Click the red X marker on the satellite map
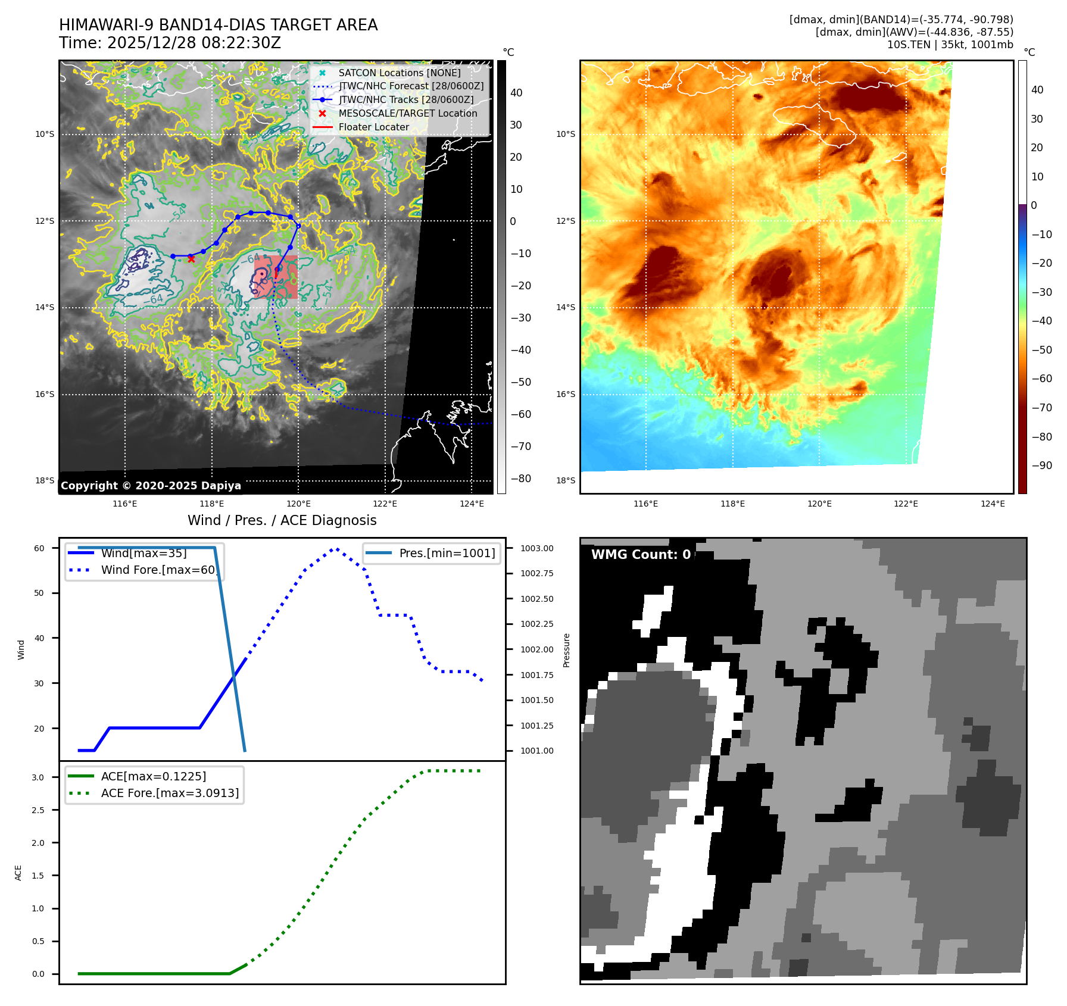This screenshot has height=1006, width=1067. pyautogui.click(x=191, y=259)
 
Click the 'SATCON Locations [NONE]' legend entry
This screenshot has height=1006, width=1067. pyautogui.click(x=399, y=73)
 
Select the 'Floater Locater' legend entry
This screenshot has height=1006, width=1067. pyautogui.click(x=373, y=127)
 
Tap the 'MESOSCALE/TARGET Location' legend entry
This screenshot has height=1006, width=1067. pyautogui.click(x=407, y=113)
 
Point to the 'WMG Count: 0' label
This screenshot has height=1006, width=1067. pyautogui.click(x=641, y=554)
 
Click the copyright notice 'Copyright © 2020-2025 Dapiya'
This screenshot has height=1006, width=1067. pyautogui.click(x=151, y=485)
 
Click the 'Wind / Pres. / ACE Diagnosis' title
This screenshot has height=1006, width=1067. pyautogui.click(x=282, y=520)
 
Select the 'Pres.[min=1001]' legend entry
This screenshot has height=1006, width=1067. pyautogui.click(x=447, y=553)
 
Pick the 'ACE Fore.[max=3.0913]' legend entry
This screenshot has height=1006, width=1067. pyautogui.click(x=170, y=793)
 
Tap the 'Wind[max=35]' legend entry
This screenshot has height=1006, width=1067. pyautogui.click(x=143, y=553)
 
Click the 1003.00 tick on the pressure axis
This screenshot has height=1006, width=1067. pyautogui.click(x=536, y=548)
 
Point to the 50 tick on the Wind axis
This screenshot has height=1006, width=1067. pyautogui.click(x=39, y=593)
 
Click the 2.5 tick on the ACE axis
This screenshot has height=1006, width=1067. pyautogui.click(x=38, y=810)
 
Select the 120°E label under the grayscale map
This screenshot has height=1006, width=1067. pyautogui.click(x=298, y=504)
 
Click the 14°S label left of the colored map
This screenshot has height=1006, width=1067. pyautogui.click(x=566, y=307)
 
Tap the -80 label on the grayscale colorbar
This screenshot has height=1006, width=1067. pyautogui.click(x=520, y=478)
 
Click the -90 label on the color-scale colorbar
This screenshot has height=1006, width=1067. pyautogui.click(x=1041, y=465)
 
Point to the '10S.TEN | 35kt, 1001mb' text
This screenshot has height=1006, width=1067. pyautogui.click(x=950, y=45)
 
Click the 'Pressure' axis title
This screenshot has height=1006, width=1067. pyautogui.click(x=566, y=650)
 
